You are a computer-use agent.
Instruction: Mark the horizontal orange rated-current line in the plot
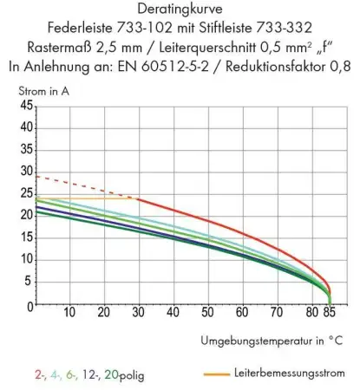(87, 198)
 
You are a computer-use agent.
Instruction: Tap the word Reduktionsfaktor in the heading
(272, 64)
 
